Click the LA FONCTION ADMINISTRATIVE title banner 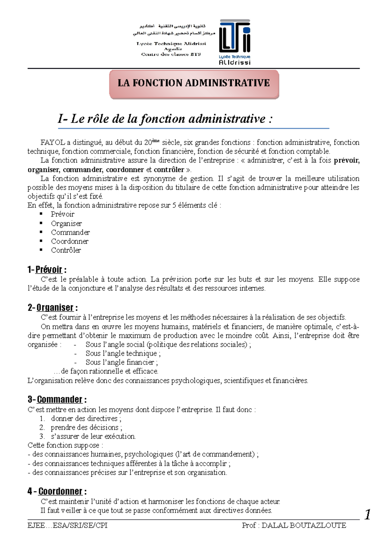[194, 83]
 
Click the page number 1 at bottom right [367, 514]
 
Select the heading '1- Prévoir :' [47, 270]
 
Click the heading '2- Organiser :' [53, 308]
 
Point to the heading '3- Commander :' [57, 400]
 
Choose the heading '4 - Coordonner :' [57, 492]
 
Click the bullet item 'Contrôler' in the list [66, 250]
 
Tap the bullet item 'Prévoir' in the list [63, 214]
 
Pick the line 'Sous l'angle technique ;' [123, 353]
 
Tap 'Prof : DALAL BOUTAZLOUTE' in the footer [294, 525]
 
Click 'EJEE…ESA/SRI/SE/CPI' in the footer [67, 525]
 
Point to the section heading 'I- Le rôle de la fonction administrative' [165, 119]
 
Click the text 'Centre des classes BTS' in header [171, 54]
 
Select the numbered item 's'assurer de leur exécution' [93, 436]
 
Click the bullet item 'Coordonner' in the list [69, 241]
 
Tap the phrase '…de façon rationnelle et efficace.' [106, 371]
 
